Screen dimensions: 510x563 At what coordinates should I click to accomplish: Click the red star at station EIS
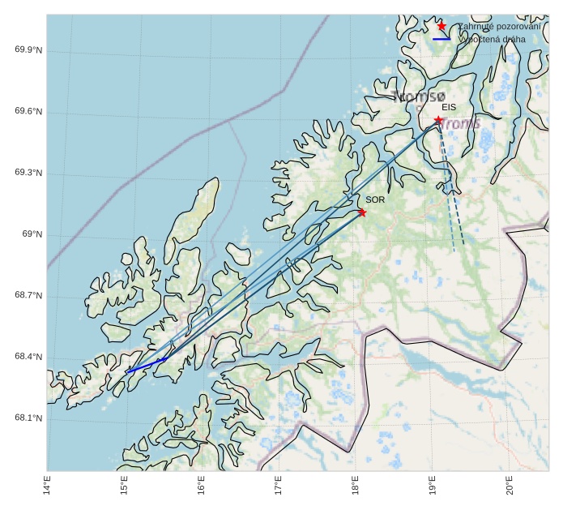tap(438, 120)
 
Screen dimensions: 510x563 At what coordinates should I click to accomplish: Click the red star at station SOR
tap(362, 212)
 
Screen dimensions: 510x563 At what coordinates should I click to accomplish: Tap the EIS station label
tap(449, 107)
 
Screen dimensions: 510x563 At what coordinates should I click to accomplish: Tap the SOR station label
tap(375, 199)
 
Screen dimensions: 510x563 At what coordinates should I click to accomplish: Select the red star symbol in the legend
tap(441, 26)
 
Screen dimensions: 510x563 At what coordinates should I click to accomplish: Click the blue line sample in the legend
tap(441, 39)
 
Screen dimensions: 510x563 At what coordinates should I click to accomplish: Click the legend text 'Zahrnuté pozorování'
tap(499, 26)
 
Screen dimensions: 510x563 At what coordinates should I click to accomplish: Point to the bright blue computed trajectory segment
tap(147, 365)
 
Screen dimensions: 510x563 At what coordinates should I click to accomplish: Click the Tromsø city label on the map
tap(419, 96)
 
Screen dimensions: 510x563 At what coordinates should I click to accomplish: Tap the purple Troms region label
tap(460, 123)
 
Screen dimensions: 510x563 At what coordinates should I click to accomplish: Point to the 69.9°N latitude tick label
tap(28, 50)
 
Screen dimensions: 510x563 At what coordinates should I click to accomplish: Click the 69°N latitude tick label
tap(32, 234)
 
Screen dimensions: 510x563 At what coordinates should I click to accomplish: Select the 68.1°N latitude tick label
tap(28, 418)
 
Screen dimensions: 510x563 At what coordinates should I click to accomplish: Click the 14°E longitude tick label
tap(47, 488)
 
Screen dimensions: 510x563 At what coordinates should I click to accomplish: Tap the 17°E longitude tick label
tap(278, 488)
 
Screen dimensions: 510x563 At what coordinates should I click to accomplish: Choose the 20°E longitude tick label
tap(509, 488)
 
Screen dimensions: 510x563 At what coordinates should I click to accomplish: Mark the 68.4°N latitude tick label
tap(28, 358)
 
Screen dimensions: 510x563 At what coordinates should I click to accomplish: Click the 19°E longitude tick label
tap(432, 488)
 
